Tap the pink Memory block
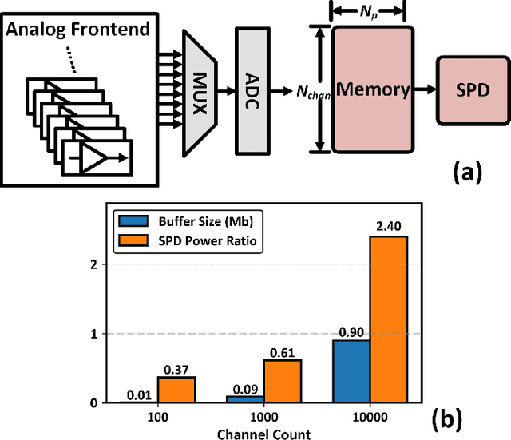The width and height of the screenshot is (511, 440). click(373, 89)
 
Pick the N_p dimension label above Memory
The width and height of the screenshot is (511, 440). click(372, 13)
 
